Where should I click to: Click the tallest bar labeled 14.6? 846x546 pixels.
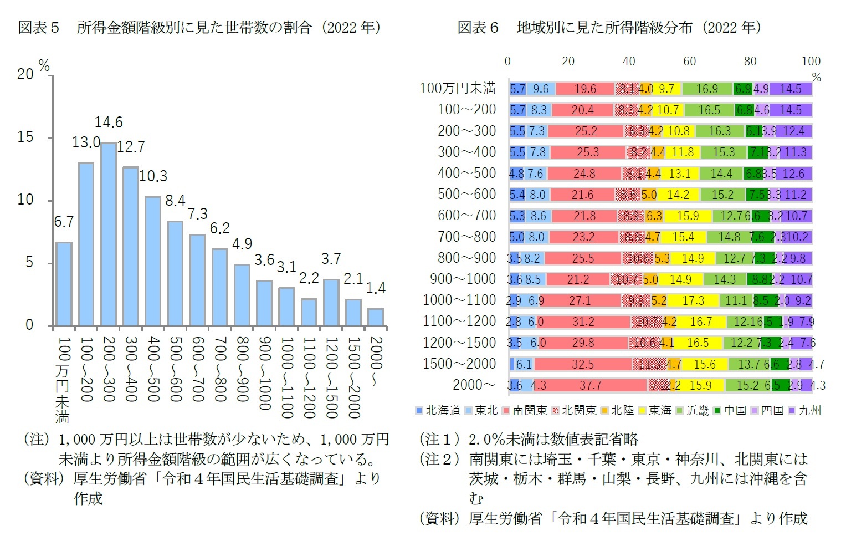pyautogui.click(x=109, y=234)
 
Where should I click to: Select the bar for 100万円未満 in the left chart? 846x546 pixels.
pyautogui.click(x=64, y=284)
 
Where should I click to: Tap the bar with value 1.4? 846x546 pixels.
pyautogui.click(x=376, y=317)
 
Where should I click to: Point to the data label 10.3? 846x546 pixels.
pyautogui.click(x=153, y=176)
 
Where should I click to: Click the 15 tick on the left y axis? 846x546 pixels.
pyautogui.click(x=25, y=137)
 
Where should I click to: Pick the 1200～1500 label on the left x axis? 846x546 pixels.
pyautogui.click(x=331, y=377)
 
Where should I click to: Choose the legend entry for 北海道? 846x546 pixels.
pyautogui.click(x=438, y=410)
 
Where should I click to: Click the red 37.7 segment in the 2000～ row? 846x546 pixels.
pyautogui.click(x=590, y=385)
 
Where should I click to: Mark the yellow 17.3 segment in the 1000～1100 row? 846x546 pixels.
pyautogui.click(x=693, y=300)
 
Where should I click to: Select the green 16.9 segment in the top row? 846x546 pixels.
pyautogui.click(x=707, y=89)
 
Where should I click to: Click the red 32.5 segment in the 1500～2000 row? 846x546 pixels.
pyautogui.click(x=583, y=364)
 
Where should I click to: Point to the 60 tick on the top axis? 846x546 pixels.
pyautogui.click(x=689, y=61)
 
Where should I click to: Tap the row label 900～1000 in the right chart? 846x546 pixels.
pyautogui.click(x=463, y=279)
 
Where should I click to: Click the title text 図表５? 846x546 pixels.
pyautogui.click(x=39, y=27)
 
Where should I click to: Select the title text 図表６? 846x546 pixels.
pyautogui.click(x=478, y=27)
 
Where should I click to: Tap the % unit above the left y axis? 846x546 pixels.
pyautogui.click(x=44, y=67)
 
